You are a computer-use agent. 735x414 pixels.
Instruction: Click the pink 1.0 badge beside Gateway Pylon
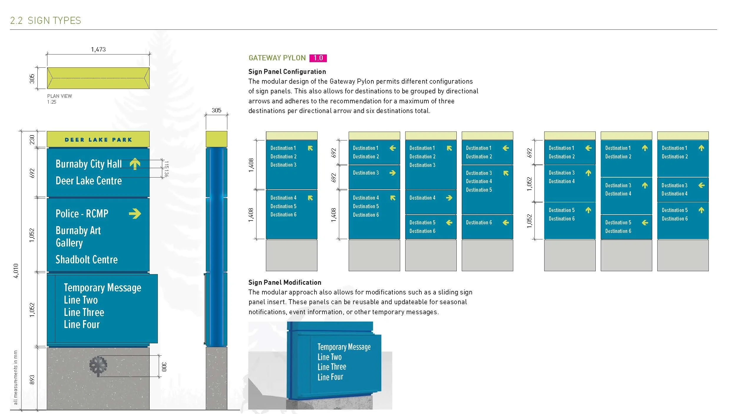[318, 58]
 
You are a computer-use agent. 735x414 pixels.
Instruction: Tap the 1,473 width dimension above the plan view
[98, 49]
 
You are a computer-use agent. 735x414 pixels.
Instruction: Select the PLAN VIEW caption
[59, 96]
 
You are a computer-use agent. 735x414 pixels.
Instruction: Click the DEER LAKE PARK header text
[98, 140]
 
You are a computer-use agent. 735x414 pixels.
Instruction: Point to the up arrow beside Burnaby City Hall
[135, 164]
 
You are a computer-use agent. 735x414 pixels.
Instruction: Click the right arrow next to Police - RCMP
[135, 213]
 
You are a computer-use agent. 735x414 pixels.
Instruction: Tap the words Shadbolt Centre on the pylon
[87, 259]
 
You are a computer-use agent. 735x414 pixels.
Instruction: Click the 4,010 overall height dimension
[16, 271]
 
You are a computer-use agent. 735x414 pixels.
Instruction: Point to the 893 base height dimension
[32, 380]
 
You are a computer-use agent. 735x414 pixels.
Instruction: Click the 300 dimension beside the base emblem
[164, 367]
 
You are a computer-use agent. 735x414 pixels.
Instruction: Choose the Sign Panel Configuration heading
[287, 72]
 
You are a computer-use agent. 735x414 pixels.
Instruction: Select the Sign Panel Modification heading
[285, 282]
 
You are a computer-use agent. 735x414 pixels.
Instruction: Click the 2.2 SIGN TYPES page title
[46, 21]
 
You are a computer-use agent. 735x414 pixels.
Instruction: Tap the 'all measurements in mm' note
[16, 377]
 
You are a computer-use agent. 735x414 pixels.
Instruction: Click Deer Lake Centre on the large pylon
[89, 180]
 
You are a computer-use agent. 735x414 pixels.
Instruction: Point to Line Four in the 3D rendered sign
[330, 377]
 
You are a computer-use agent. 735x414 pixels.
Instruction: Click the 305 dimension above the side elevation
[216, 110]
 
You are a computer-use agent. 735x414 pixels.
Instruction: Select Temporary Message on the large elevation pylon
[102, 288]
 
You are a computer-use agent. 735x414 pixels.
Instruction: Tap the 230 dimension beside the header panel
[32, 139]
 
